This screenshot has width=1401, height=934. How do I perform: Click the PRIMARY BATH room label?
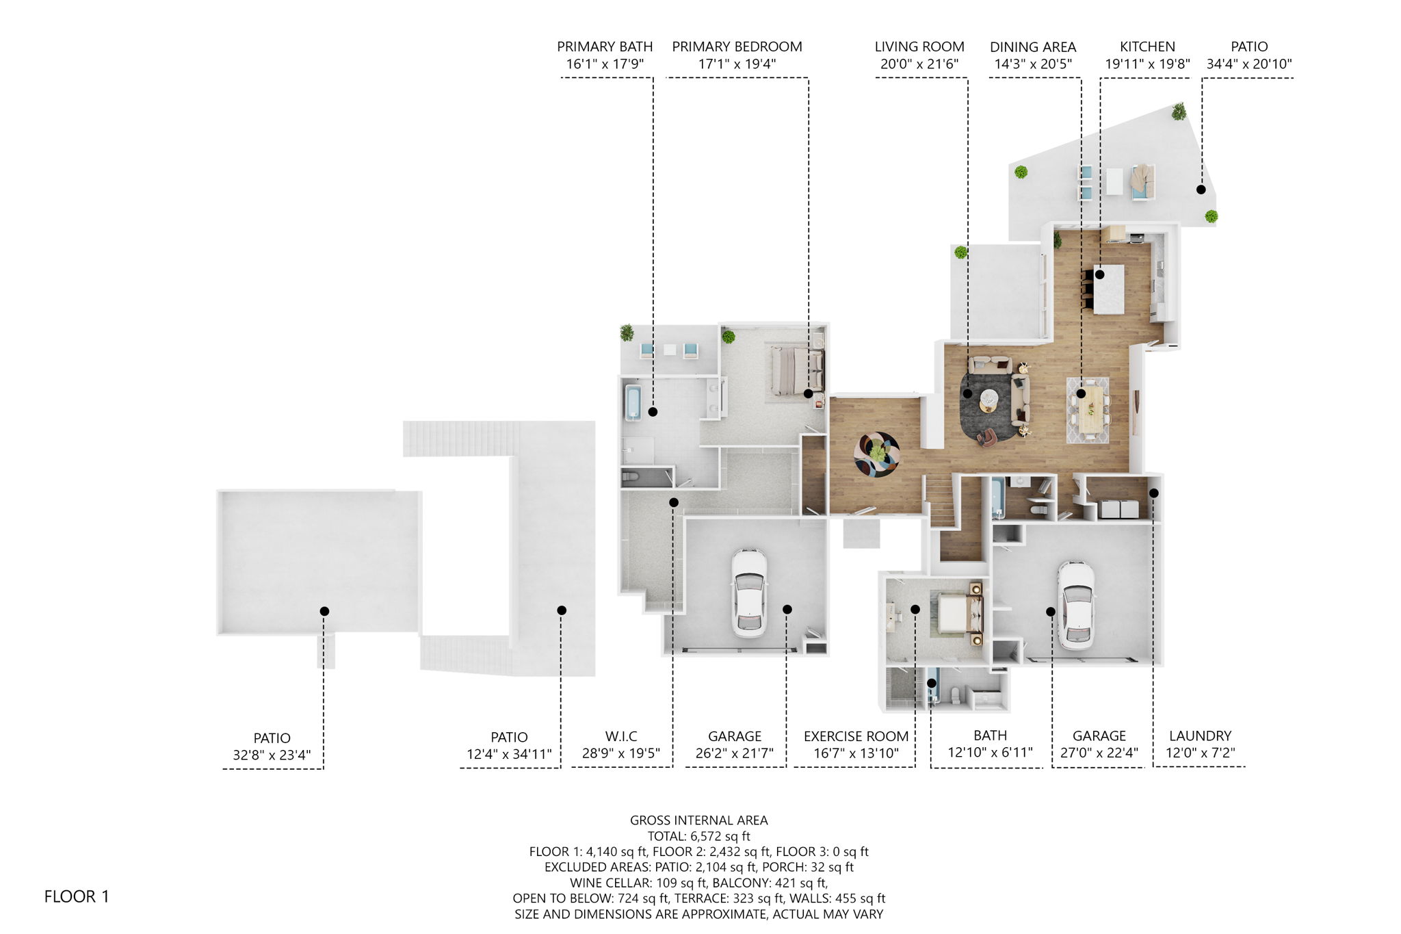click(605, 47)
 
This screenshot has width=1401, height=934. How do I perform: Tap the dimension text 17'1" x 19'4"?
click(737, 64)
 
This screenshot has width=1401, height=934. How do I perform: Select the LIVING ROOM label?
click(919, 47)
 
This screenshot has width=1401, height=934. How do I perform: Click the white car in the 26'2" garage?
click(748, 592)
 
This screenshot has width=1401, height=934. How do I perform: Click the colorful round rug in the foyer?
click(876, 454)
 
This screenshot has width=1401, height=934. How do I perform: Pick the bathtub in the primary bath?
click(633, 402)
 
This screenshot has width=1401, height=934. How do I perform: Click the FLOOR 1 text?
click(77, 896)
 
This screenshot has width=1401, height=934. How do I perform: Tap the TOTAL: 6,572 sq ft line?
click(698, 836)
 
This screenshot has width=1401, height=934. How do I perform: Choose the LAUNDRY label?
click(1200, 736)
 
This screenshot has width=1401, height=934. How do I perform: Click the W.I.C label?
click(621, 736)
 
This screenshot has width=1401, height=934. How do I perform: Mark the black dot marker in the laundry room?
click(1153, 493)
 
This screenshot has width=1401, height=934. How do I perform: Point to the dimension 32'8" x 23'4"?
click(272, 755)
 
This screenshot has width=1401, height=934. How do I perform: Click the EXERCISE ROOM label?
click(856, 736)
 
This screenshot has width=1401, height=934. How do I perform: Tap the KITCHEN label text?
click(1147, 47)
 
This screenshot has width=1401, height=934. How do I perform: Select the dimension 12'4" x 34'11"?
click(509, 754)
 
